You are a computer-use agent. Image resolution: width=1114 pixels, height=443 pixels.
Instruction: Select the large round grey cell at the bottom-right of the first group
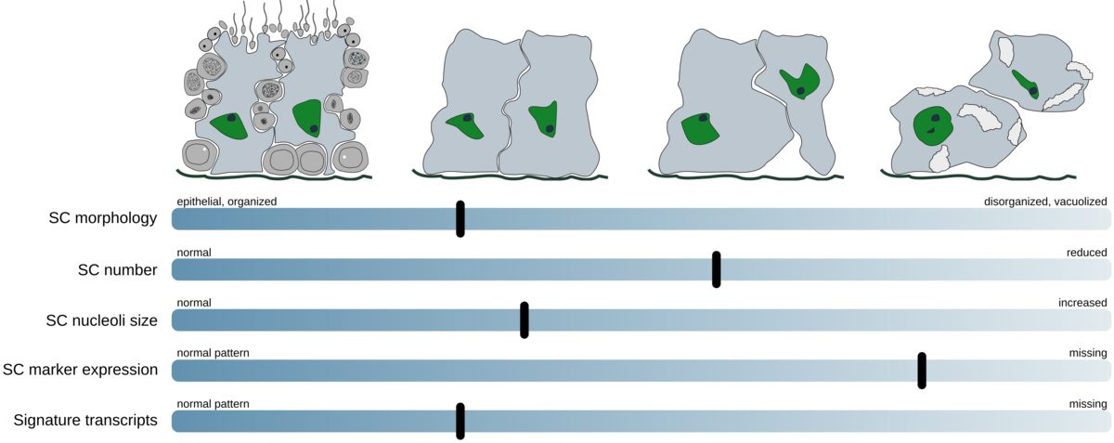350,158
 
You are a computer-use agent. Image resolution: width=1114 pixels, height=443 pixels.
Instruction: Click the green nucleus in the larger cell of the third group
698,128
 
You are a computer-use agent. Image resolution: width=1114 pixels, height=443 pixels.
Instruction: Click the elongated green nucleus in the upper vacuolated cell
1026,84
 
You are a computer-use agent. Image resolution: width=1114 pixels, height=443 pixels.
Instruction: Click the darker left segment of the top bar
313,219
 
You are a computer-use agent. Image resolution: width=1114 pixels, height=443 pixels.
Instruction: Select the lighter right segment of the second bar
916,269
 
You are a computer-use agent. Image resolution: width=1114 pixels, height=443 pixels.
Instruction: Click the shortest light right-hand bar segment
1018,371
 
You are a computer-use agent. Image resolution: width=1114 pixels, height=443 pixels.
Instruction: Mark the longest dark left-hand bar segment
544,371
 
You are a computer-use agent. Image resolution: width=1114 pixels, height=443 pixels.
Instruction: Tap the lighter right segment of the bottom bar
788,421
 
